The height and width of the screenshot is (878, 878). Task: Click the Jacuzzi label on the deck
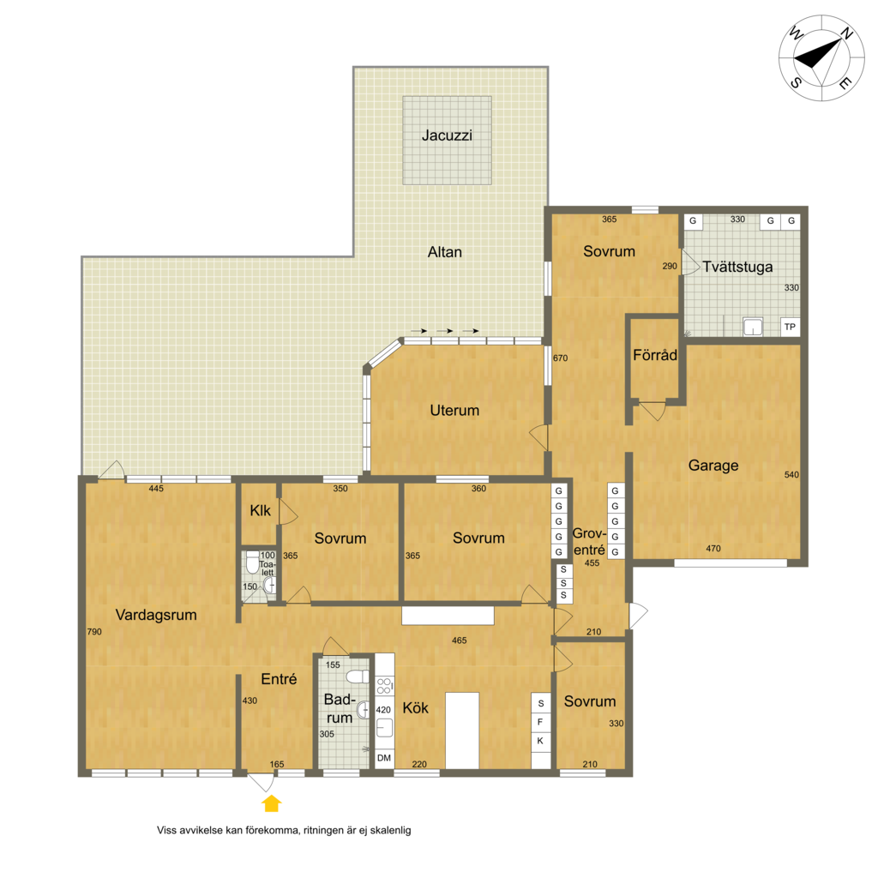(x=447, y=135)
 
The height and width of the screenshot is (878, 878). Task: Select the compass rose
(x=821, y=58)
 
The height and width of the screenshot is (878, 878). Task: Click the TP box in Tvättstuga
(x=790, y=327)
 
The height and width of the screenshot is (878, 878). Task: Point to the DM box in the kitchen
(x=384, y=758)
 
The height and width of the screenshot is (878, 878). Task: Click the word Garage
(x=713, y=466)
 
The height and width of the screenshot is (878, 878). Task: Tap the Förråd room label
(x=654, y=355)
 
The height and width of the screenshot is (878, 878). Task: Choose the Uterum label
(x=454, y=411)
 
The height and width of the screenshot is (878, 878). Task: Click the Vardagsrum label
(x=156, y=615)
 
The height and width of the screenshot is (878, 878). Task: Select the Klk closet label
(x=260, y=511)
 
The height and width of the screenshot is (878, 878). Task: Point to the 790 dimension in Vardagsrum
(x=94, y=632)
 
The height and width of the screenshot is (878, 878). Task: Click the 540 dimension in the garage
(x=791, y=475)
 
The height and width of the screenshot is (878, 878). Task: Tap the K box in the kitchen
(x=540, y=741)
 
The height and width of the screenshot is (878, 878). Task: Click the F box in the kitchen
(x=540, y=722)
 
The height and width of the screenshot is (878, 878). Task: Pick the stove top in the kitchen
(x=385, y=685)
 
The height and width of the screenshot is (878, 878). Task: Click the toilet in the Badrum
(x=357, y=677)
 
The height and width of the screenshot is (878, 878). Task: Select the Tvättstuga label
(x=737, y=267)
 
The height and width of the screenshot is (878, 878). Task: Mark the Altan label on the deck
(x=445, y=252)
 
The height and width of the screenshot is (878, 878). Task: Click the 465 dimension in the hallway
(x=460, y=640)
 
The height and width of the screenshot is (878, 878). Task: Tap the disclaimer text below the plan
(x=284, y=830)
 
